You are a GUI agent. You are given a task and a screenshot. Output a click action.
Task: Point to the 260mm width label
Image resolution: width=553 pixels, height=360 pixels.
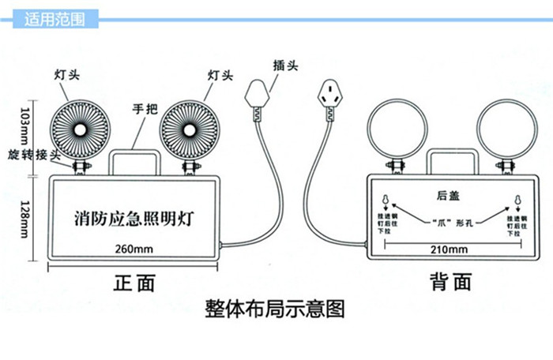coord(133,250)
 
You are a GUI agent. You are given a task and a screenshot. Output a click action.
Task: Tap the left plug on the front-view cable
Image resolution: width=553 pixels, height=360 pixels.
coord(254,99)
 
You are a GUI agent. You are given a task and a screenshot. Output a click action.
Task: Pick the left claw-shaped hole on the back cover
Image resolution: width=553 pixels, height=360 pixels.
coord(385,200)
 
